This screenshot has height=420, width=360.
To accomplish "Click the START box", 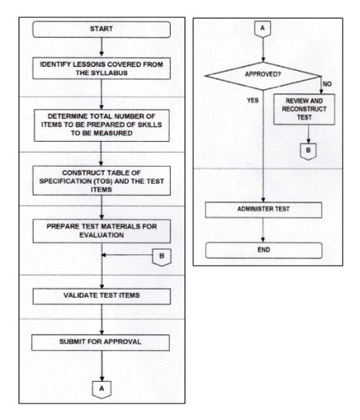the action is click(102, 30).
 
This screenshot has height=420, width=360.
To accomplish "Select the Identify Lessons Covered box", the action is click(102, 68).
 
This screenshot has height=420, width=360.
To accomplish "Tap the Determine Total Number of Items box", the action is click(102, 125).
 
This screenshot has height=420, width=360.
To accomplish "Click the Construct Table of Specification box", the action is click(102, 181).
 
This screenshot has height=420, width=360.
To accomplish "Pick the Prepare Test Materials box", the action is click(102, 231).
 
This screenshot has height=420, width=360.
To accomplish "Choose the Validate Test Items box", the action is click(102, 296).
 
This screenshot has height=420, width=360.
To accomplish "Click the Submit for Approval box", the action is click(101, 342).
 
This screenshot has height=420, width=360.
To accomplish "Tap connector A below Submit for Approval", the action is click(102, 389).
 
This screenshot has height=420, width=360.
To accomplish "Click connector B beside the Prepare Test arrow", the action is click(162, 257).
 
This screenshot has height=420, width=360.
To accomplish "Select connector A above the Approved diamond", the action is click(263, 29).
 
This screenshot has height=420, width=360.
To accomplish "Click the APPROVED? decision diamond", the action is click(263, 76).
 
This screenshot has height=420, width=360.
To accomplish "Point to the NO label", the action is click(327, 84).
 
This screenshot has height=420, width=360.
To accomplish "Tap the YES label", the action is click(253, 101).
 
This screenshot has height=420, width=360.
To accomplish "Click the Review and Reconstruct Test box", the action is click(304, 109).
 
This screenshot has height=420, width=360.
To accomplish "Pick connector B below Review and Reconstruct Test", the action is click(308, 151).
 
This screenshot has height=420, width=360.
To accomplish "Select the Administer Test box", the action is click(263, 210).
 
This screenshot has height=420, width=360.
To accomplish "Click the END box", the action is click(263, 250).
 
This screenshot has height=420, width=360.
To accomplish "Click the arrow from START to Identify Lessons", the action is click(102, 47).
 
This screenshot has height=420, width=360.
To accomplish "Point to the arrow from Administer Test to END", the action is click(263, 230).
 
